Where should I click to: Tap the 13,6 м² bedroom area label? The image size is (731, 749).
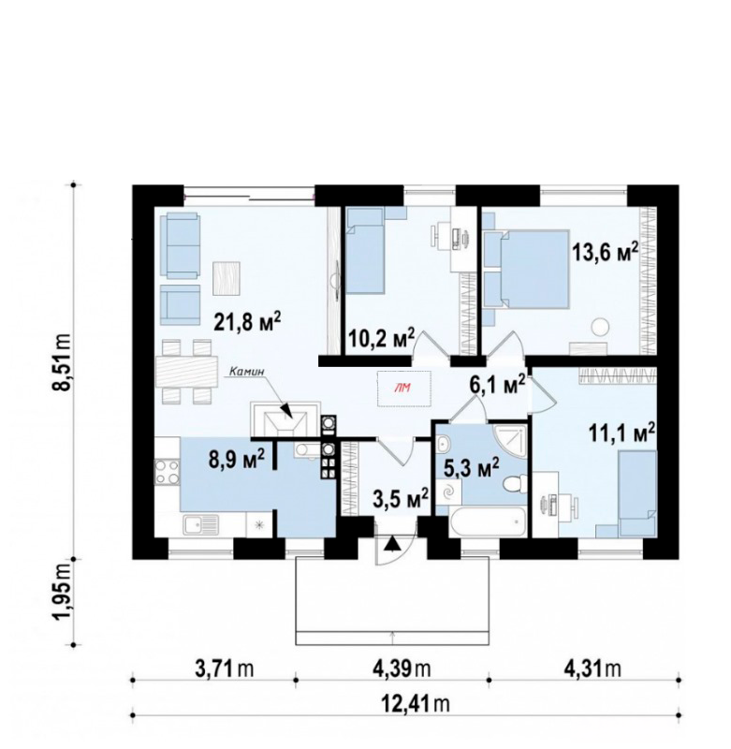[606, 251]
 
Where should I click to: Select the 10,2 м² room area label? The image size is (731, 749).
[381, 339]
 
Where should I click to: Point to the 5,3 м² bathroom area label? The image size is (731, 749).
[471, 468]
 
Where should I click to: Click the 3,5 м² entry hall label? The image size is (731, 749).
[400, 500]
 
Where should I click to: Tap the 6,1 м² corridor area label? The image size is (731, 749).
[498, 385]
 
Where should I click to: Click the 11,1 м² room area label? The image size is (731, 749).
[621, 434]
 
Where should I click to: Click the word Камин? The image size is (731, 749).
[246, 370]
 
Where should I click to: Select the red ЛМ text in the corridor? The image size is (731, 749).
[403, 388]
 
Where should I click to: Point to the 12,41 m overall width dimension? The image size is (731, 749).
[415, 703]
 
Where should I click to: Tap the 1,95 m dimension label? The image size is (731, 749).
[63, 599]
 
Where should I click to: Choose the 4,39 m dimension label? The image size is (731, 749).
[402, 668]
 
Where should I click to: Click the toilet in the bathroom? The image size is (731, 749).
[515, 482]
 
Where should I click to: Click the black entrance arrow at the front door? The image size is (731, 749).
[392, 544]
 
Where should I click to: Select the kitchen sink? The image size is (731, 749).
[200, 525]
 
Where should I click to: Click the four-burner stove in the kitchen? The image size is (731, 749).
[167, 471]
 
